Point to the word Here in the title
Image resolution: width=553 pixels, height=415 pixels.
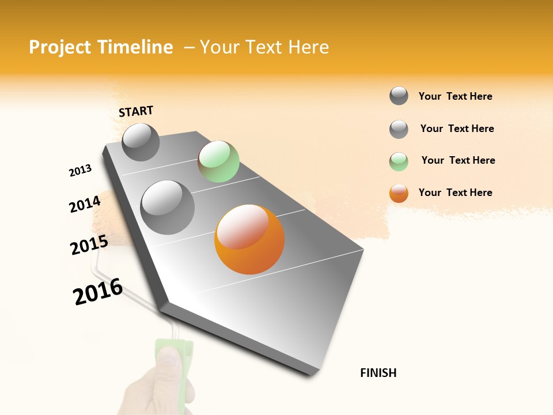pyautogui.click(x=308, y=47)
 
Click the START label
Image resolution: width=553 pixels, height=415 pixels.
pyautogui.click(x=136, y=111)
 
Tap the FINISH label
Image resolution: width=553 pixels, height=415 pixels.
pyautogui.click(x=378, y=373)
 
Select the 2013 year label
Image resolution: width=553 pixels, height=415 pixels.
pyautogui.click(x=80, y=171)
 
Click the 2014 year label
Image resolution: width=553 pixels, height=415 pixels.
pyautogui.click(x=85, y=204)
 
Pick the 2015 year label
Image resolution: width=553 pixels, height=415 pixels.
pyautogui.click(x=89, y=246)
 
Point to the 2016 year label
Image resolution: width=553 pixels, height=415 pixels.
pyautogui.click(x=98, y=291)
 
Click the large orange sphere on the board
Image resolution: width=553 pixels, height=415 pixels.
pyautogui.click(x=249, y=239)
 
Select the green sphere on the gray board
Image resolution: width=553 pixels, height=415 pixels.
pyautogui.click(x=218, y=161)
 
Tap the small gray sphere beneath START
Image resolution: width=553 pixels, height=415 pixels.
pyautogui.click(x=141, y=142)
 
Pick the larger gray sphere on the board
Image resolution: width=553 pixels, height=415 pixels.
pyautogui.click(x=167, y=207)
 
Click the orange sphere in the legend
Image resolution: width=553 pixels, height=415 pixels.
pyautogui.click(x=399, y=193)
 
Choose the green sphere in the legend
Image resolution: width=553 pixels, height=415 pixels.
pyautogui.click(x=399, y=161)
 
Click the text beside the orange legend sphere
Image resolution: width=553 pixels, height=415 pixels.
pyautogui.click(x=455, y=193)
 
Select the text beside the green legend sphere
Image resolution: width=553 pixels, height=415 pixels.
pyautogui.click(x=458, y=160)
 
